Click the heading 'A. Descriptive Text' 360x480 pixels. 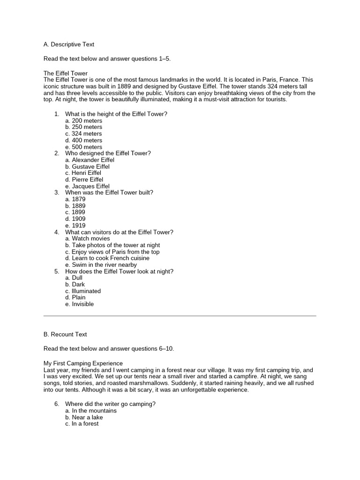68,45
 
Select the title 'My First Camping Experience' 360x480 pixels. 83,363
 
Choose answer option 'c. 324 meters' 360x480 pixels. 83,134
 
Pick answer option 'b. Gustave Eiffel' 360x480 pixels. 87,166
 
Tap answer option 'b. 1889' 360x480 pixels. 75,206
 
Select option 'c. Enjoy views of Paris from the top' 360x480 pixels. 112,252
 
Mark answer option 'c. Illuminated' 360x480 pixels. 83,291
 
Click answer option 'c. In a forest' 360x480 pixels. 82,424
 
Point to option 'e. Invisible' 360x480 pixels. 80,304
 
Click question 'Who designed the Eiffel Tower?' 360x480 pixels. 108,153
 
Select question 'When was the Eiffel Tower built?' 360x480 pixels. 109,193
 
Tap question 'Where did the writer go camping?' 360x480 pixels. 110,404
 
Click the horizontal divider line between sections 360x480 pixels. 180,316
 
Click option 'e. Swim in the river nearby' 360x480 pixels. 101,265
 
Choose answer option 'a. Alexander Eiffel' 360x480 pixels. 90,160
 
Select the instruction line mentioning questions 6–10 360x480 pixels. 108,349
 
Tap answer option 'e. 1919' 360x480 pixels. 75,225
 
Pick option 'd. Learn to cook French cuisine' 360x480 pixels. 107,258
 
